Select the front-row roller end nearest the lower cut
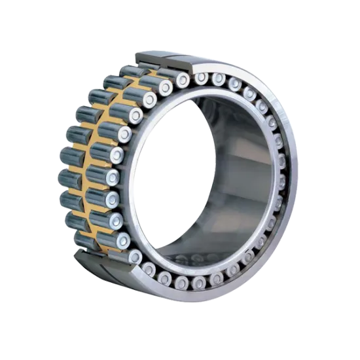pyautogui.click(x=135, y=257)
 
